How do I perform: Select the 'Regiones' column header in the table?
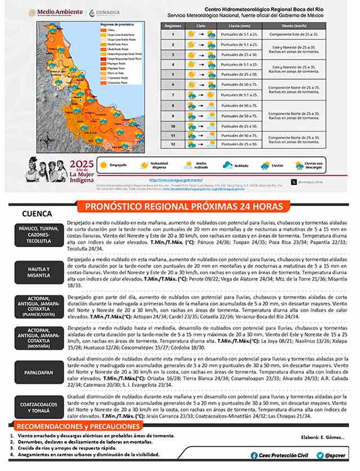click(173, 25)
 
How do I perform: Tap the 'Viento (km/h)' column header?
click(295, 25)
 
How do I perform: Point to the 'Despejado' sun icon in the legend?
click(103, 166)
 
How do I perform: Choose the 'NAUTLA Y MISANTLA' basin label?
click(38, 273)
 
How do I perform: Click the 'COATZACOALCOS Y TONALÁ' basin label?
click(38, 406)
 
